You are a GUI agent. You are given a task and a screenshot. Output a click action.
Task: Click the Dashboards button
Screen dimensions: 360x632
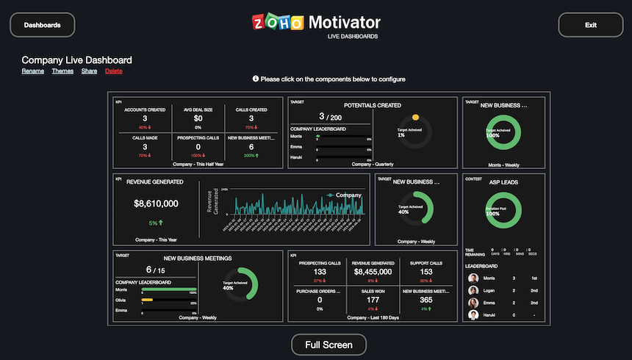pyautogui.click(x=42, y=25)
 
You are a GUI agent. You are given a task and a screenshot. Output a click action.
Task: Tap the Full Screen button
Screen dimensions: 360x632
pyautogui.click(x=328, y=345)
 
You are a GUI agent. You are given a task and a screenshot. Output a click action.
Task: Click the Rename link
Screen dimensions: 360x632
pyautogui.click(x=32, y=71)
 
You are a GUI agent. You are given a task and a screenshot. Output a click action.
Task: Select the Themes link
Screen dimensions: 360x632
pyautogui.click(x=62, y=71)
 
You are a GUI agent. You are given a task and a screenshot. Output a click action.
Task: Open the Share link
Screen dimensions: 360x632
pyautogui.click(x=89, y=71)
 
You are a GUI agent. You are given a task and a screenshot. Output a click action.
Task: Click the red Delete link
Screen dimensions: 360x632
pyautogui.click(x=114, y=71)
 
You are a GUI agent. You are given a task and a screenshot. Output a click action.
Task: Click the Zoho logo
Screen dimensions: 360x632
pyautogui.click(x=278, y=23)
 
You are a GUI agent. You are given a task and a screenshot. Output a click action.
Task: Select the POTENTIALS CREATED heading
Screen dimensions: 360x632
pyautogui.click(x=372, y=105)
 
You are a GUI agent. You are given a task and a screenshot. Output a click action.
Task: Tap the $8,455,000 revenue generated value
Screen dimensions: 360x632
pyautogui.click(x=374, y=272)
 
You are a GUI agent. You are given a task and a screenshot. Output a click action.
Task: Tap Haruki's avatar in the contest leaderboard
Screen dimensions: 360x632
pyautogui.click(x=473, y=315)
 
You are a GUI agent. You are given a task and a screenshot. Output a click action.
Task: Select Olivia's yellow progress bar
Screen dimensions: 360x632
pyautogui.click(x=147, y=300)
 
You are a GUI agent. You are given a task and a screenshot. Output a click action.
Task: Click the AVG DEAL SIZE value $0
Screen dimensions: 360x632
pyautogui.click(x=198, y=118)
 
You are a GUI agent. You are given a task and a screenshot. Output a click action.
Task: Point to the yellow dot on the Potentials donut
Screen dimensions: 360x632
pyautogui.click(x=415, y=117)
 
